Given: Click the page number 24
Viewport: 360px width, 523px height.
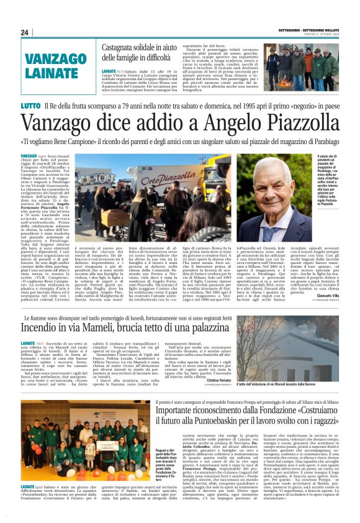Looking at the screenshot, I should click(x=24, y=32).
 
